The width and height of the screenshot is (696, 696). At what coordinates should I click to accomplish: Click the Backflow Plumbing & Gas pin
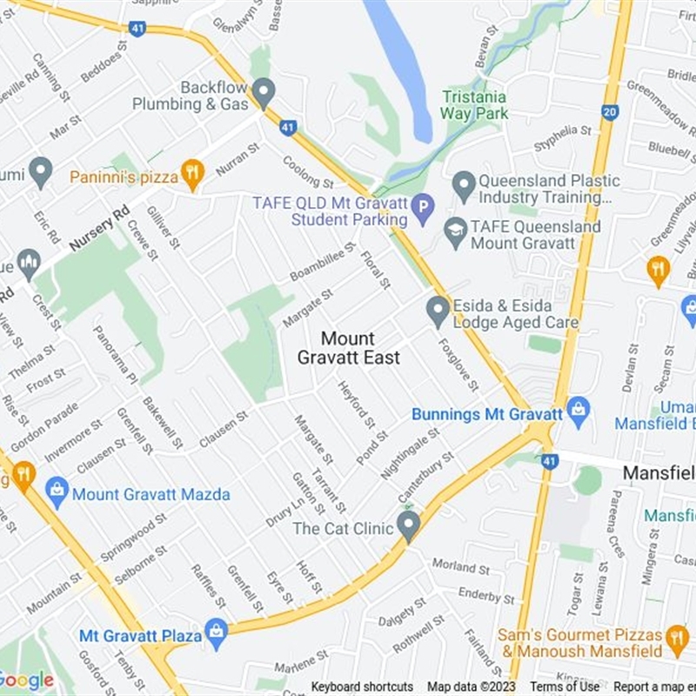(264, 92)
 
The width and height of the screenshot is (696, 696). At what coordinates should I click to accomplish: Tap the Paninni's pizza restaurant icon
(192, 174)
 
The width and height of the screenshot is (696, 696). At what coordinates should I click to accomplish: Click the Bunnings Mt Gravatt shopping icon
(578, 408)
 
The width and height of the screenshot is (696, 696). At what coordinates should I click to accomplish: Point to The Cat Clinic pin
(408, 524)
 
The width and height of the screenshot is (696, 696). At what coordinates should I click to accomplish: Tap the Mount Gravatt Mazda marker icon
(57, 493)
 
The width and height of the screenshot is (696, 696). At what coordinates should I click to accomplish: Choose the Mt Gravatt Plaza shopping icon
(216, 632)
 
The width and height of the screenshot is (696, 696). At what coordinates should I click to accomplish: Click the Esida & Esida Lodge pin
(438, 311)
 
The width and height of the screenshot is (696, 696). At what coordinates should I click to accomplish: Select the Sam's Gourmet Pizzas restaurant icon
(677, 641)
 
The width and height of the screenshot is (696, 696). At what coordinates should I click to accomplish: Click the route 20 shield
(609, 111)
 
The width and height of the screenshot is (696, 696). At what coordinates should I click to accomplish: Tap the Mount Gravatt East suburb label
(348, 348)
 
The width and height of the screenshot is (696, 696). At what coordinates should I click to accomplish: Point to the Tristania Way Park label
(474, 105)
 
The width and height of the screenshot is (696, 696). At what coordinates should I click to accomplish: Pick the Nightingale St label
(410, 453)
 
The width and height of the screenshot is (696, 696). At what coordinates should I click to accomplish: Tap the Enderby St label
(486, 596)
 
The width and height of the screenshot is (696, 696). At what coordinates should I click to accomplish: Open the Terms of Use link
(565, 687)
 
